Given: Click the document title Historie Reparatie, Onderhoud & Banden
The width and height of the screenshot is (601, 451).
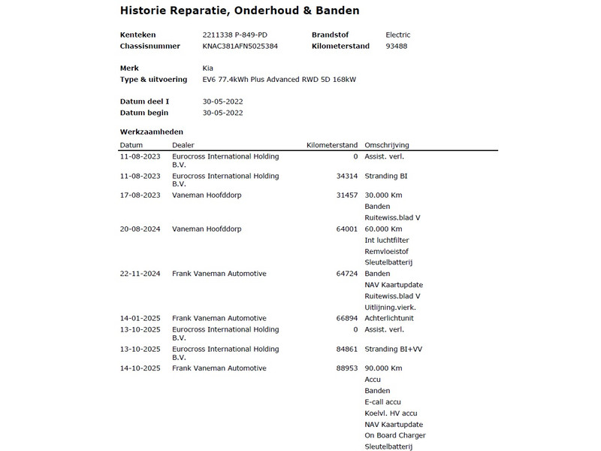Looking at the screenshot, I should (x=240, y=11).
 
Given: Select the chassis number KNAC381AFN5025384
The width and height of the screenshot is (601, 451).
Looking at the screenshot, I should (x=240, y=46).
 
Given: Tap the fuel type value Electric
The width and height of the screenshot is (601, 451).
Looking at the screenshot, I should (x=397, y=35).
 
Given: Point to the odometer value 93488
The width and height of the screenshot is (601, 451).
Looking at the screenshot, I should (x=397, y=46).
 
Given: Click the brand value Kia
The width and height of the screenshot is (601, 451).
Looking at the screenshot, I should (x=208, y=68).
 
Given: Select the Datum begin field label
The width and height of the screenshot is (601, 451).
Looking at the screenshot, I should (x=144, y=113).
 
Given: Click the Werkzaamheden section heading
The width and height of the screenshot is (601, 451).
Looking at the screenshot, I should (x=151, y=132).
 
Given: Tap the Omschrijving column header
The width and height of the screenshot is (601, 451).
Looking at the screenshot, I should (x=386, y=145).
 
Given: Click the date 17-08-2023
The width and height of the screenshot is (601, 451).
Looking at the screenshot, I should (x=140, y=195).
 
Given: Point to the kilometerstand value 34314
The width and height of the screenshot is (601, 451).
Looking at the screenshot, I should (x=346, y=176).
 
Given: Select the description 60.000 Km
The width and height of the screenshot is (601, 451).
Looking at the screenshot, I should (x=383, y=229).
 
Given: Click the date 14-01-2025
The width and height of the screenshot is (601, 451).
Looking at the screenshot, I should (x=140, y=318).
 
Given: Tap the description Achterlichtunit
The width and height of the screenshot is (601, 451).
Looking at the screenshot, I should (x=389, y=318).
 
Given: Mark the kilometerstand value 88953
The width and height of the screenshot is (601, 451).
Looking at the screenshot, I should (x=346, y=368).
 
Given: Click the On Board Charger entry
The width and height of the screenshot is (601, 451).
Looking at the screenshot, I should (x=394, y=435).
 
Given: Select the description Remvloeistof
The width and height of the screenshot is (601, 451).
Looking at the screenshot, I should (x=386, y=251).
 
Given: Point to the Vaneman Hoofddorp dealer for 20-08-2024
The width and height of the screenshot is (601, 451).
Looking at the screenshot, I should (x=207, y=229).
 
